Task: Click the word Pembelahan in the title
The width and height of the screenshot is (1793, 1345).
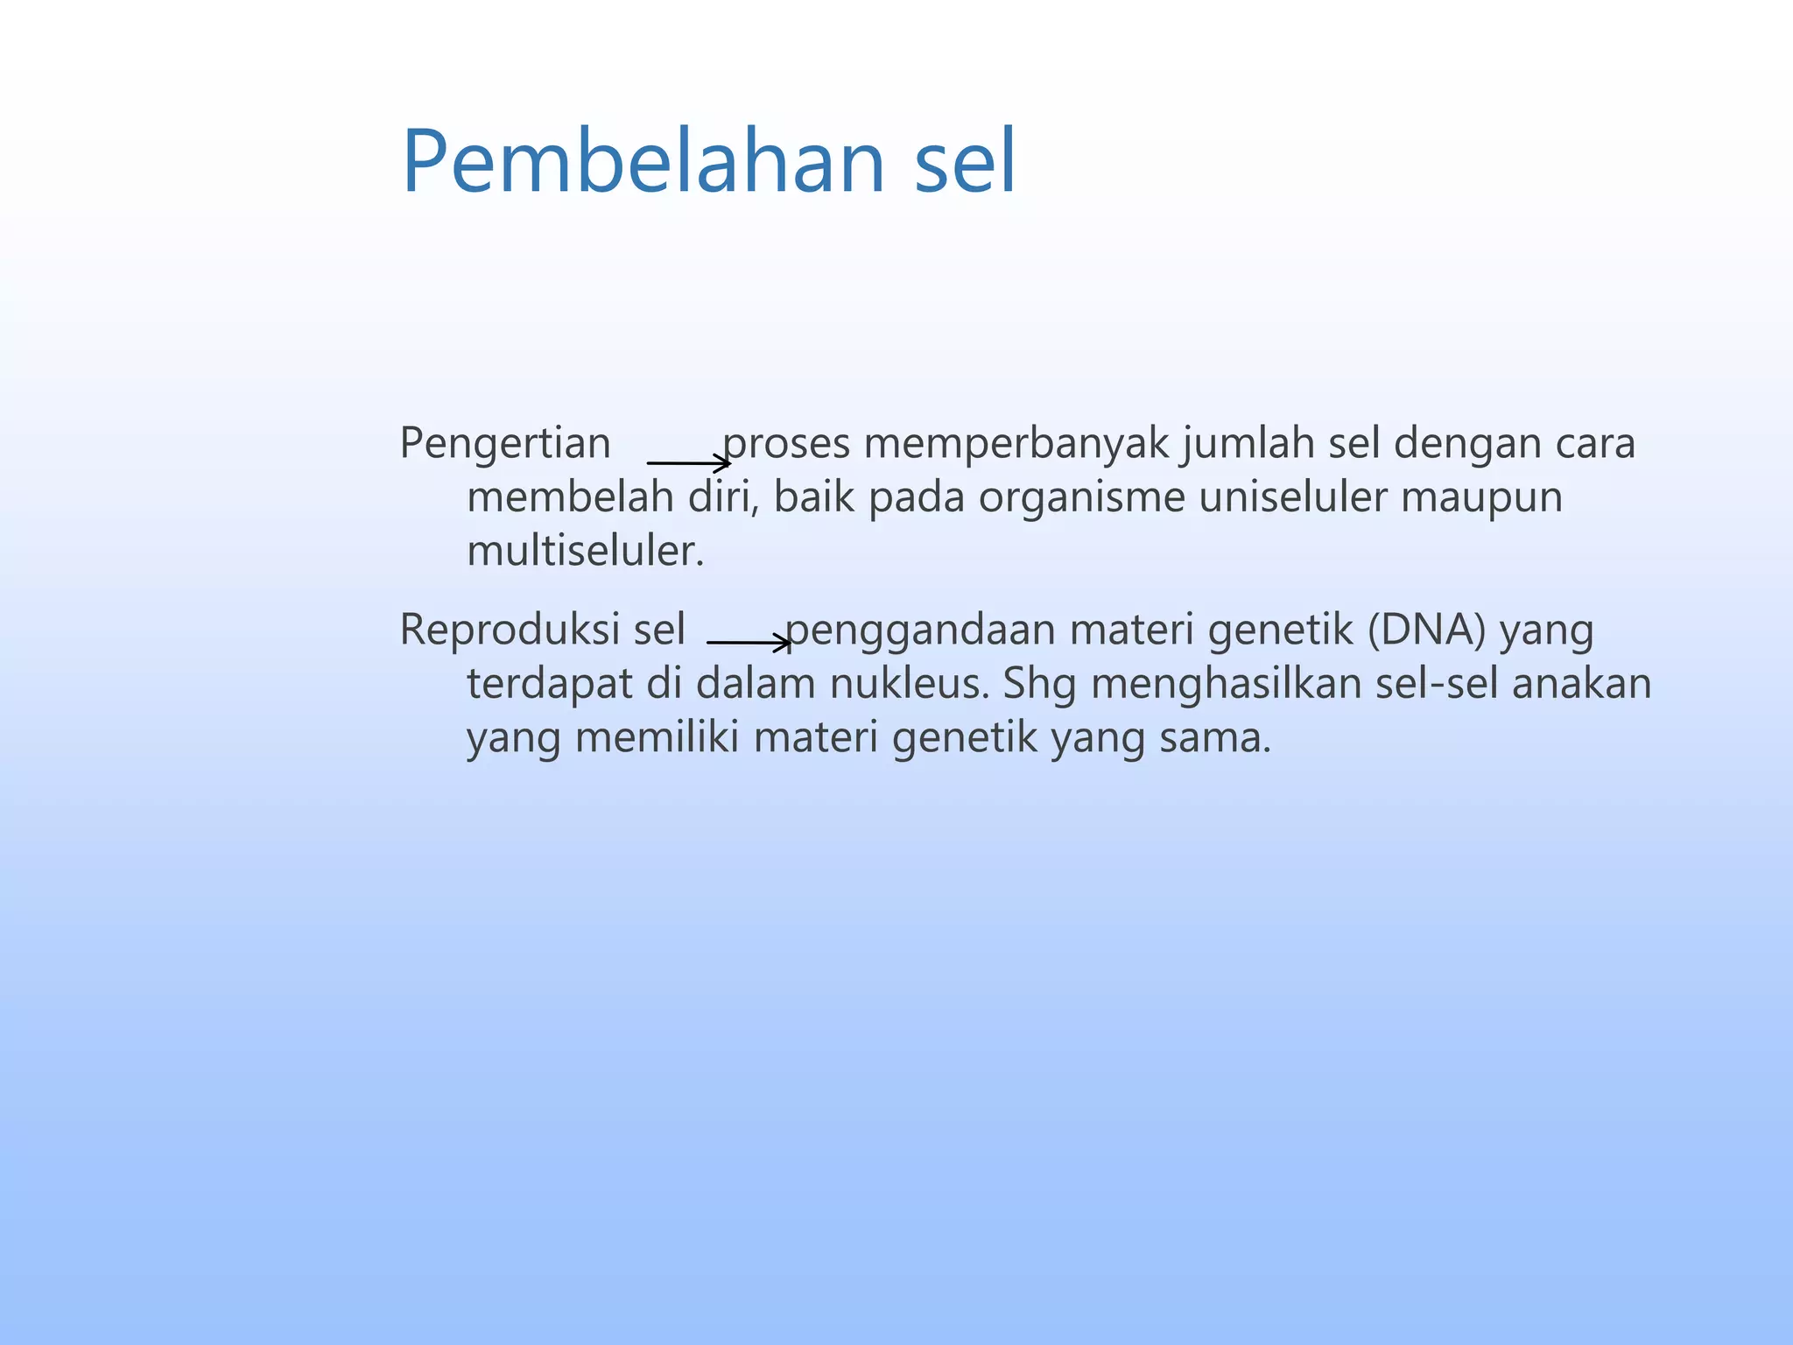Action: coord(643,162)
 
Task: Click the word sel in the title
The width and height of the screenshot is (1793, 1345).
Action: coord(966,162)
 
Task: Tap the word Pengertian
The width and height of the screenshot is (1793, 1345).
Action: coord(504,443)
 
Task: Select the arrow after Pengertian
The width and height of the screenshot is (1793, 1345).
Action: coord(688,462)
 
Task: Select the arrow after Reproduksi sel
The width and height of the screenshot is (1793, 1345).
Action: coord(749,643)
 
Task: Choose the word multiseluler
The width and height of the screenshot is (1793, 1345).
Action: coord(585,552)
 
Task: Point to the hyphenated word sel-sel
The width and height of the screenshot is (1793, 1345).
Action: coord(1437,684)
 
